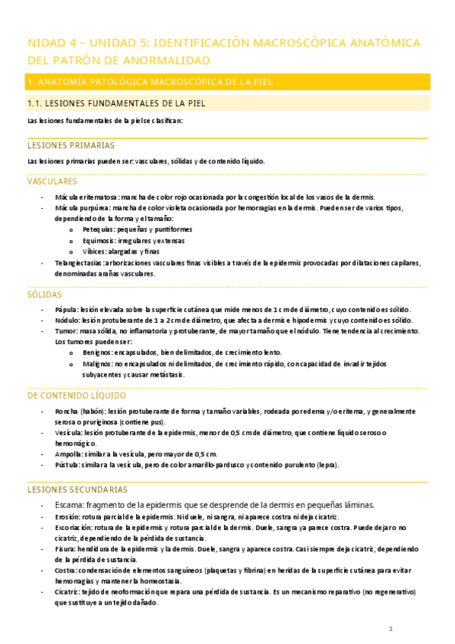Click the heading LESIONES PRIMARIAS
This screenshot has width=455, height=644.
[x=71, y=144]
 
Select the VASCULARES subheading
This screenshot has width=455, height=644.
[x=52, y=182]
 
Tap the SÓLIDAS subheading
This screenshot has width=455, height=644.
[x=45, y=294]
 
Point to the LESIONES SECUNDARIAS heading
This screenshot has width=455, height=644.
[x=77, y=490]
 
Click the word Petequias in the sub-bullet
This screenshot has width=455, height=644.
[x=99, y=229]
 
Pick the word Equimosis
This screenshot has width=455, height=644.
[x=100, y=240]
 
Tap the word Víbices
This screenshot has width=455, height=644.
[x=95, y=251]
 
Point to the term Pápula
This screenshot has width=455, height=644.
[x=67, y=310]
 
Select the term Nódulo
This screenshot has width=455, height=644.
[x=68, y=320]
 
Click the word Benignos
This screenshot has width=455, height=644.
[x=100, y=352]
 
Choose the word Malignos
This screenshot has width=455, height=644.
[x=100, y=363]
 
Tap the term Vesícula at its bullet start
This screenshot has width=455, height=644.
[x=71, y=433]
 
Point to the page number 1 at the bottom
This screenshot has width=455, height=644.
[x=390, y=630]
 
